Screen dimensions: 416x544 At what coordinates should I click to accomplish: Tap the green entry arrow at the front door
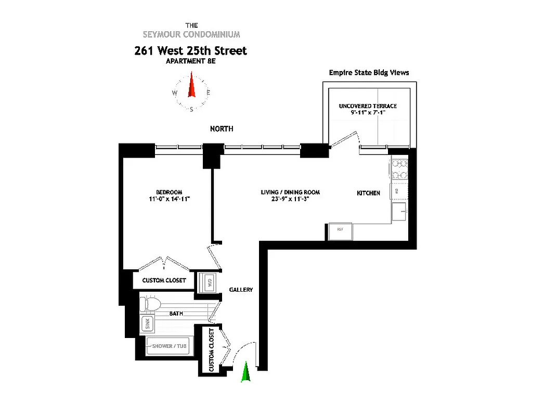point(246,373)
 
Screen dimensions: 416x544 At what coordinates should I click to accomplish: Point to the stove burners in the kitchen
point(400,168)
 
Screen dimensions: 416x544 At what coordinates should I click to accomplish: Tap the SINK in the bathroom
point(147,324)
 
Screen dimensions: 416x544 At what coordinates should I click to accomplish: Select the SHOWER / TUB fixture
point(170,346)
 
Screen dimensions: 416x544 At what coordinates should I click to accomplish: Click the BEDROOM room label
point(169,192)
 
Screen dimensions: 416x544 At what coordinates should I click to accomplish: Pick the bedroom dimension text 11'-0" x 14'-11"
point(169,199)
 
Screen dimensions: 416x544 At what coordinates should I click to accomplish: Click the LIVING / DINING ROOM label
point(290,192)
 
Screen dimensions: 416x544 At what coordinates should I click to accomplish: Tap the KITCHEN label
point(368,193)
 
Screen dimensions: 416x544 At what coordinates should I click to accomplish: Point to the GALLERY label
point(241,290)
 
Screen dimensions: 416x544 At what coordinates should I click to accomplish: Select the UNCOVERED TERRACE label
point(368,106)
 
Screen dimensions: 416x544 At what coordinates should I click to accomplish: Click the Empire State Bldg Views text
point(369,73)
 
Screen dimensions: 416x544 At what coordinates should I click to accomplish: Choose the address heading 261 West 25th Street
point(190,50)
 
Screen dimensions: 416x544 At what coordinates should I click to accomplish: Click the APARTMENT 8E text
point(190,61)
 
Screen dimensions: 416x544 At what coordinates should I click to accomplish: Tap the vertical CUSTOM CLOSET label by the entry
point(212,350)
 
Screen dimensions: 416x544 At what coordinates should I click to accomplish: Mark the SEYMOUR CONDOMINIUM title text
point(191,35)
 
